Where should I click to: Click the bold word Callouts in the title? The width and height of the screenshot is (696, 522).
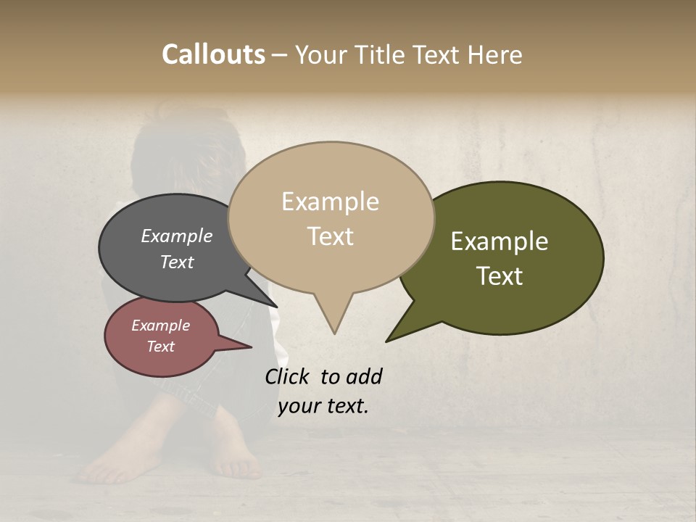coord(213,54)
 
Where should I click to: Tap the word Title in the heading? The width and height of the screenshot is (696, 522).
coord(381,54)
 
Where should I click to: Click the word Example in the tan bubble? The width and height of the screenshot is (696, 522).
coord(330,202)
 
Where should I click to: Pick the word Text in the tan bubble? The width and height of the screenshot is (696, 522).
coord(330,236)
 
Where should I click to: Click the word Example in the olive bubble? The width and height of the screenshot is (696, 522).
coord(500,241)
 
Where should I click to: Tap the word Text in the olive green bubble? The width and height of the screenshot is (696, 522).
coord(500,276)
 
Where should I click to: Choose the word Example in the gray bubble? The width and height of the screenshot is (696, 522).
coord(177,236)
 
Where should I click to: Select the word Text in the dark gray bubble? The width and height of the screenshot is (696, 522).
coord(177,262)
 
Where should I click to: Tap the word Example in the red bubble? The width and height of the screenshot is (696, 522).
coord(160,326)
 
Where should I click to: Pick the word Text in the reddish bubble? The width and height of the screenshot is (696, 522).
coord(160,347)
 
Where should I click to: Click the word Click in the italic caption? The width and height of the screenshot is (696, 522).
coord(288,376)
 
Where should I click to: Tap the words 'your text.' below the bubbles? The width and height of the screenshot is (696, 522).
coord(323,406)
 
